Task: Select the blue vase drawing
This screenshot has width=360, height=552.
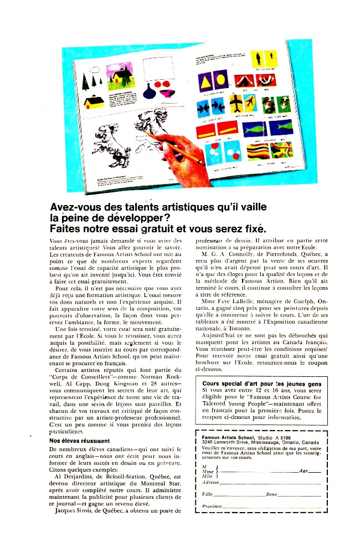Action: click(168, 92)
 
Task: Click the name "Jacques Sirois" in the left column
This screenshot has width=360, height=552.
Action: click(74, 510)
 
